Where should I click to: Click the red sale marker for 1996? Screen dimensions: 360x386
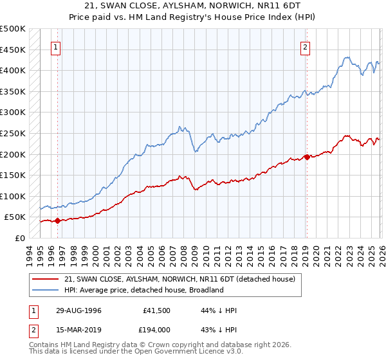[57, 221]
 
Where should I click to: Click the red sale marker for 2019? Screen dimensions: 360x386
[307, 156]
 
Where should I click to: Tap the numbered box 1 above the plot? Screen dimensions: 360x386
[57, 46]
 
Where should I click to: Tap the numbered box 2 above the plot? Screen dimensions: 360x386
[305, 46]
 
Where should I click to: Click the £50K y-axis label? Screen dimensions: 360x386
[15, 217]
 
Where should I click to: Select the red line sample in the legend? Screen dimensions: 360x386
[45, 279]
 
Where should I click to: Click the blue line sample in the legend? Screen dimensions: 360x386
[45, 290]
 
